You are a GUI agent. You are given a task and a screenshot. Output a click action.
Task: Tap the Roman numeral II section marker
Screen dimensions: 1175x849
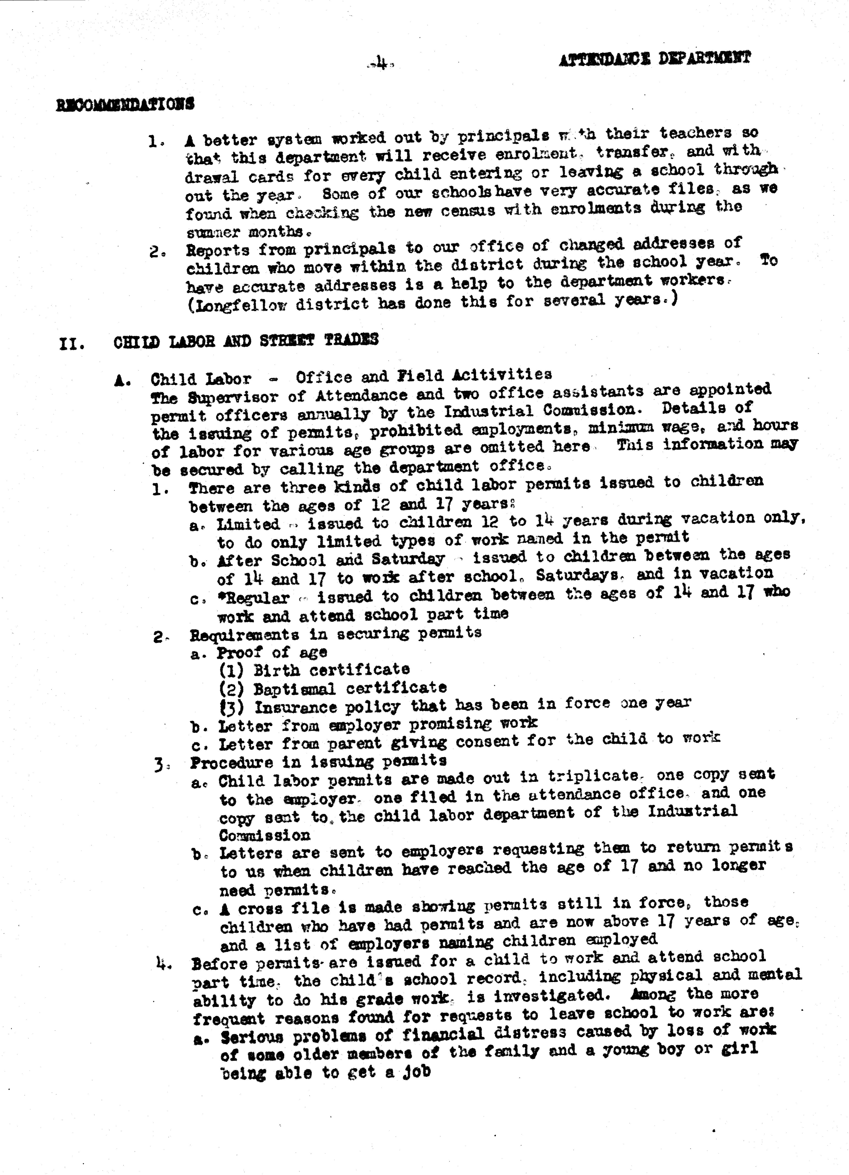click(x=72, y=344)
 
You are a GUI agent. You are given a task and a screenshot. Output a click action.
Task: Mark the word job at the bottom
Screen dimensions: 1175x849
click(x=417, y=1071)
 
